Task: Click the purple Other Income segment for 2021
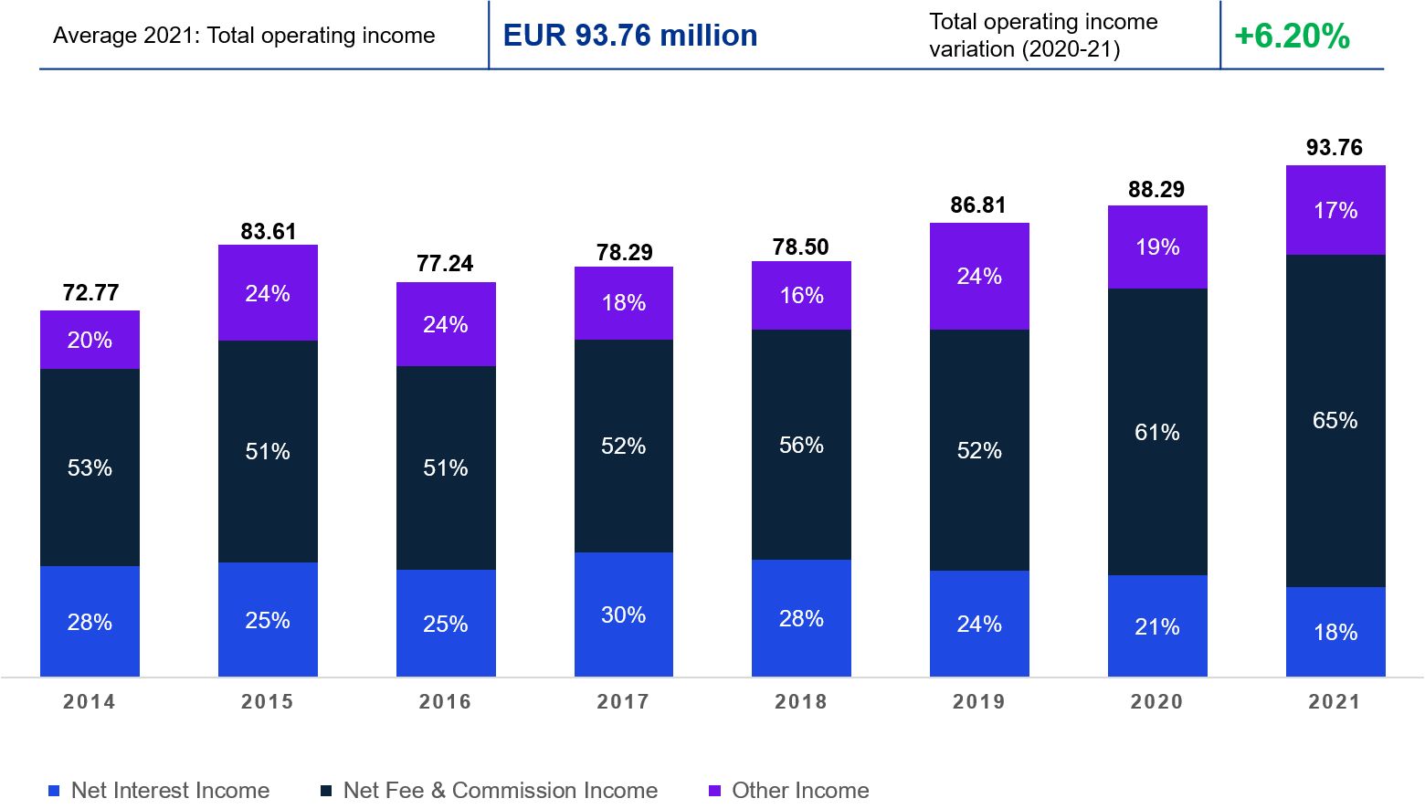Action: (1335, 210)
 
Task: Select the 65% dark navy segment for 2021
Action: (1335, 421)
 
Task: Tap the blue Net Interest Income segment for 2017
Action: (624, 615)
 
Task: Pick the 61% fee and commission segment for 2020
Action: (1157, 432)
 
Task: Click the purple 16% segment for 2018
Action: (801, 295)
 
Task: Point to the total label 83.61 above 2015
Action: (269, 231)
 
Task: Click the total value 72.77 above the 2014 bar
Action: (90, 292)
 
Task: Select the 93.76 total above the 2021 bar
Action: (1335, 147)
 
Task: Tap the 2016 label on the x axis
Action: (446, 701)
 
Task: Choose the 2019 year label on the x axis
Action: (979, 701)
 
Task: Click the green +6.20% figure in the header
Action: (1292, 36)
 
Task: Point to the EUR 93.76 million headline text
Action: (630, 36)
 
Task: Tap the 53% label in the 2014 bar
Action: (90, 468)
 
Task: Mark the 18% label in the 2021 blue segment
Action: (1335, 632)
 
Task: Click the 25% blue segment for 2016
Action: (446, 624)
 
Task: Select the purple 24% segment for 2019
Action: (979, 276)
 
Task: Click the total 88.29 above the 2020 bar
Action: (1156, 189)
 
